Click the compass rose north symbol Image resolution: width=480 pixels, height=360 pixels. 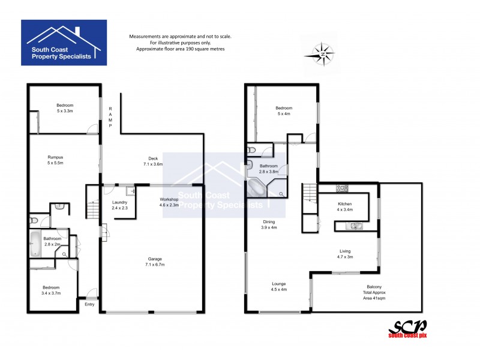tap(323, 55)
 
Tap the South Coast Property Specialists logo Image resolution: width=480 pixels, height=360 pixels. tap(64, 43)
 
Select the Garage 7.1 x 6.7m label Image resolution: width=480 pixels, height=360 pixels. tap(156, 262)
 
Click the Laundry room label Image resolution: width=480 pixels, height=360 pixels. tap(120, 206)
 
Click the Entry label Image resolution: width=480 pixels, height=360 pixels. tap(90, 305)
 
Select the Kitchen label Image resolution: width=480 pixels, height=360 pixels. tap(344, 208)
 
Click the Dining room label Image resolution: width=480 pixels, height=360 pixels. tap(268, 224)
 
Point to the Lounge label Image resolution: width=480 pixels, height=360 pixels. tap(278, 286)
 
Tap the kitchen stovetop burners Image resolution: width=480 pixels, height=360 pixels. tap(342, 188)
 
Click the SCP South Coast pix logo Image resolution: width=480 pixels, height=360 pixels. tap(407, 329)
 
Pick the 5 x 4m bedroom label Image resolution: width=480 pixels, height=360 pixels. tap(284, 111)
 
